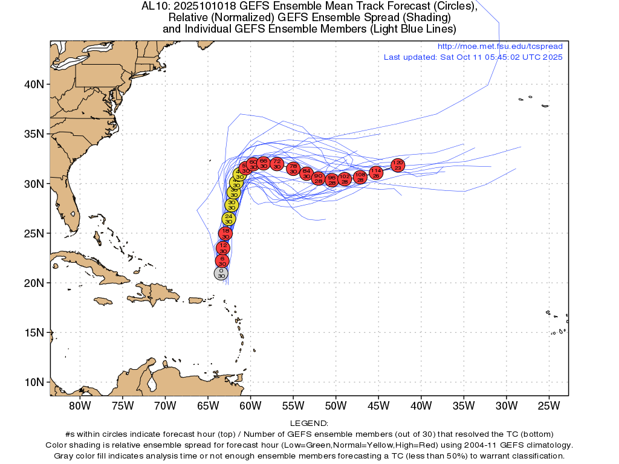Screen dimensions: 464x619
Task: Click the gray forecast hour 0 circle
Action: pyautogui.click(x=221, y=273)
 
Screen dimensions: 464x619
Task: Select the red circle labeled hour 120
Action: pyautogui.click(x=398, y=165)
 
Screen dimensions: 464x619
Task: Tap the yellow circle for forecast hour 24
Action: pyautogui.click(x=228, y=219)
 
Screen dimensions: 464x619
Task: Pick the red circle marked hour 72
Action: pyautogui.click(x=277, y=163)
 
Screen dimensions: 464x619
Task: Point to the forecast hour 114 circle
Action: pyautogui.click(x=376, y=173)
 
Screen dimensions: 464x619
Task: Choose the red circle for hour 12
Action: pyautogui.click(x=223, y=248)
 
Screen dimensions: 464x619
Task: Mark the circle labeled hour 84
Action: pyautogui.click(x=306, y=173)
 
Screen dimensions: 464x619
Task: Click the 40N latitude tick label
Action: pyautogui.click(x=36, y=84)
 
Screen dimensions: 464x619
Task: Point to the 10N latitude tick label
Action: pyautogui.click(x=36, y=382)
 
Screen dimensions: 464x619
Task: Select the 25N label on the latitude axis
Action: pyautogui.click(x=36, y=233)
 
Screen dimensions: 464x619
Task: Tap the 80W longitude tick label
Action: pyautogui.click(x=79, y=405)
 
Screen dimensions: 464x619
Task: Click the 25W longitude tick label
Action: pyautogui.click(x=548, y=405)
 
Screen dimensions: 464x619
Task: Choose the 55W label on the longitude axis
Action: pyautogui.click(x=293, y=405)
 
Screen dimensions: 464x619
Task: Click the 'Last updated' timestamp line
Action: pyautogui.click(x=473, y=57)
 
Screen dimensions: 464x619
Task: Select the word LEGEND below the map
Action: pyautogui.click(x=309, y=424)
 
